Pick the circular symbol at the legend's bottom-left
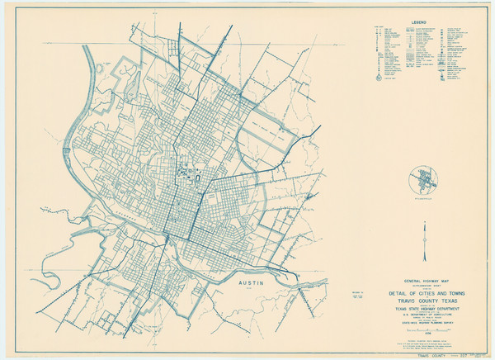pyautogui.click(x=380, y=75)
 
